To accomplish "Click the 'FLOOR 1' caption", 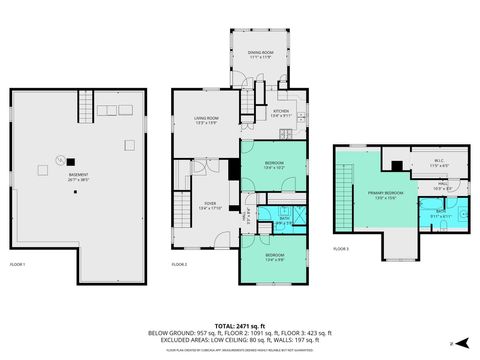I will [x=17, y=264].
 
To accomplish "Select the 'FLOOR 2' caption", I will [x=179, y=264].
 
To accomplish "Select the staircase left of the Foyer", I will [x=182, y=210].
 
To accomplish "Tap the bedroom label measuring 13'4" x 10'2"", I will [x=273, y=165].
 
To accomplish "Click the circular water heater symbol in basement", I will [x=60, y=159].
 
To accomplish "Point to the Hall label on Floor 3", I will [x=441, y=185].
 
